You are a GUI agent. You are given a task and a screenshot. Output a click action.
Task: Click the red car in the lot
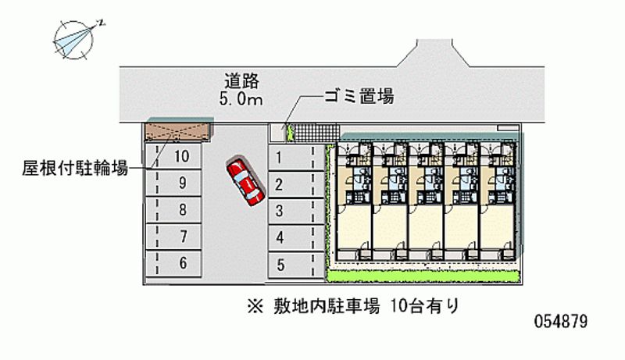pyautogui.click(x=245, y=182)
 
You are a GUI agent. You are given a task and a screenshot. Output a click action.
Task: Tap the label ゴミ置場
pyautogui.click(x=359, y=97)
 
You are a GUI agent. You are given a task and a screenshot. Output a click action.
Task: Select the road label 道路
pyautogui.click(x=240, y=80)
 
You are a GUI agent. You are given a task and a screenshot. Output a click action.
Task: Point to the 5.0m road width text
pyautogui.click(x=240, y=98)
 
